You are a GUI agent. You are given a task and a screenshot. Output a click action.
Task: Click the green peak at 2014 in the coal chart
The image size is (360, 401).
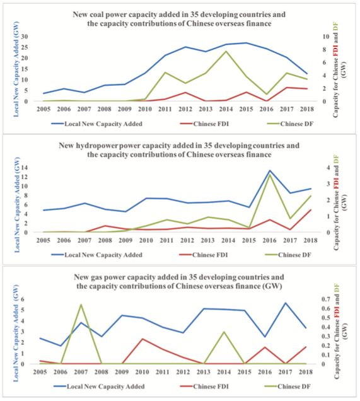click(x=226, y=51)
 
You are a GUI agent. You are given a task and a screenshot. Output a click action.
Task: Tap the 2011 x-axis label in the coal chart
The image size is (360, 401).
click(x=165, y=109)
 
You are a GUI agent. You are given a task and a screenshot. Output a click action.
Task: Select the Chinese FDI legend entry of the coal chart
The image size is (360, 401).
click(x=204, y=124)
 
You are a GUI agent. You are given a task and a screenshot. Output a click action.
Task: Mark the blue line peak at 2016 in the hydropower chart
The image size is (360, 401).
click(x=270, y=170)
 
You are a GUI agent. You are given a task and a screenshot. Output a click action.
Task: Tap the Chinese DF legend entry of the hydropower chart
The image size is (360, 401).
click(x=289, y=255)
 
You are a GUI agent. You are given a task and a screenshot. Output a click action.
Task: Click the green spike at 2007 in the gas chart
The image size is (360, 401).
click(x=81, y=305)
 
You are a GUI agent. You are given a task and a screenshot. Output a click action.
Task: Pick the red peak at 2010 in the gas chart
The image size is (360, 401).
click(x=142, y=339)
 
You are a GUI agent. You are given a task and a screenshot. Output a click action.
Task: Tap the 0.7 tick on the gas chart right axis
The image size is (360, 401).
click(x=325, y=299)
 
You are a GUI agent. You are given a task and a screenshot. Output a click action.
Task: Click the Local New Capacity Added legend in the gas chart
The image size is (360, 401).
click(x=99, y=386)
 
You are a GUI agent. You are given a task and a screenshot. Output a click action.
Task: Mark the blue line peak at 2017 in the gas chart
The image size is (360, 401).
click(x=286, y=303)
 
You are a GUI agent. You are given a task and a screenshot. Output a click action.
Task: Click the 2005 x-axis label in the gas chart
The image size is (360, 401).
click(x=40, y=371)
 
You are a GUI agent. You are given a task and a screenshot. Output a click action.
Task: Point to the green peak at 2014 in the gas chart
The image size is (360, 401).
click(x=224, y=332)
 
